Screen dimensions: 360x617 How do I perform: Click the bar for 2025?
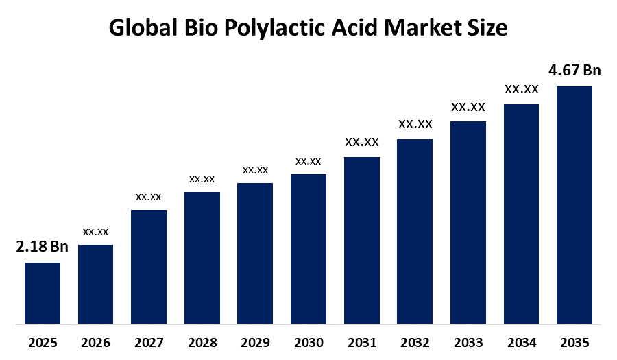tap(43, 293)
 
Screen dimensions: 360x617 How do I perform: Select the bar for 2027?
tap(149, 266)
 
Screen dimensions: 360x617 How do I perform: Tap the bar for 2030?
tap(308, 248)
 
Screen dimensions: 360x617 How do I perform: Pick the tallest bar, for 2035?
tap(574, 204)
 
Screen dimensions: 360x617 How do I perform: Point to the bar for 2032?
tap(415, 231)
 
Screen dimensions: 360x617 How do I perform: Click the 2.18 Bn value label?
tap(43, 247)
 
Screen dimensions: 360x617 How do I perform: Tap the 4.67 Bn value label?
tap(574, 71)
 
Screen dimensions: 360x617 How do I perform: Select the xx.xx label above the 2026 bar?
tap(96, 232)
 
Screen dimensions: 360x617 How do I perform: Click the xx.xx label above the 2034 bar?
tap(521, 89)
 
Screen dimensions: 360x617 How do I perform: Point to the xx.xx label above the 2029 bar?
tap(255, 170)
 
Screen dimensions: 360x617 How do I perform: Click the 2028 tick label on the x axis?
tap(202, 342)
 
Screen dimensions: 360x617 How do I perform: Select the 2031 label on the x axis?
tap(362, 342)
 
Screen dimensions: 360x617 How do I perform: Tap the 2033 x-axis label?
tap(468, 342)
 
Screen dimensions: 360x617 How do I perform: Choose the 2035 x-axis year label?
tap(574, 342)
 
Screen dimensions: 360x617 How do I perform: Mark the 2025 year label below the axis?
tap(43, 342)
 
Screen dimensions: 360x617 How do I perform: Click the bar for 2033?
tap(468, 222)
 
